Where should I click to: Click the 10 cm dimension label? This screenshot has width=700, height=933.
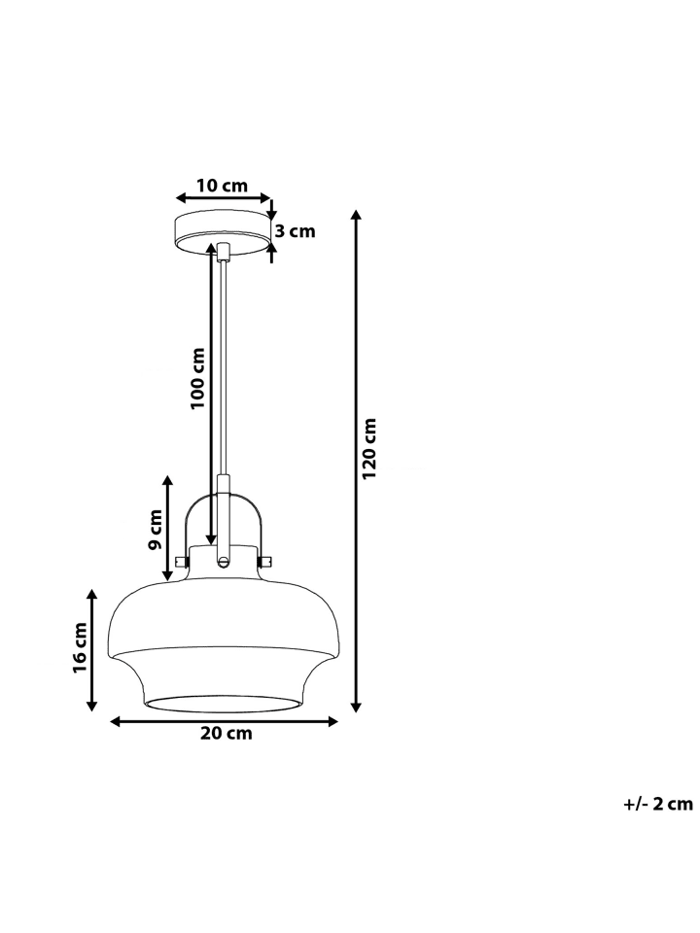222,186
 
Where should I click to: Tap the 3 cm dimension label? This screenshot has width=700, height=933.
295,231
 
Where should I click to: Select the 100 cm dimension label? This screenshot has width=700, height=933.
197,378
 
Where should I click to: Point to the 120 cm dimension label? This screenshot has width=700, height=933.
369,448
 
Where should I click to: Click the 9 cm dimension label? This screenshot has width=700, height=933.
156,529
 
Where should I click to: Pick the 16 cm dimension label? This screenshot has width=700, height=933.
80,648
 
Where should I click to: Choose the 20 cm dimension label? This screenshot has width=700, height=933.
227,733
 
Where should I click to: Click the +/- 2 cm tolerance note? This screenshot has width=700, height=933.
658,805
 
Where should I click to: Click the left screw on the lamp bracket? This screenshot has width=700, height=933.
181,561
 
